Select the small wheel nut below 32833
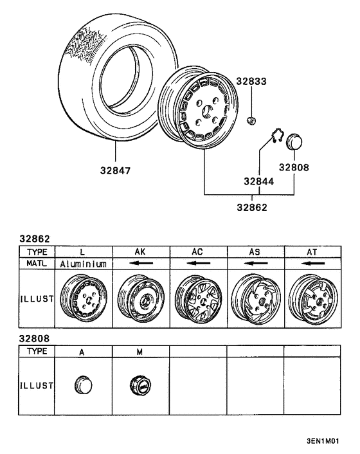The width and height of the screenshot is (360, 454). pyautogui.click(x=253, y=120)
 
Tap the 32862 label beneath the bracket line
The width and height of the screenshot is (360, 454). pyautogui.click(x=252, y=207)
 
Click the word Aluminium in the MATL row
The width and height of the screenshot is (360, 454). pyautogui.click(x=83, y=264)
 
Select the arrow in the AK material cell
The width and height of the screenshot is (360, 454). pyautogui.click(x=140, y=264)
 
